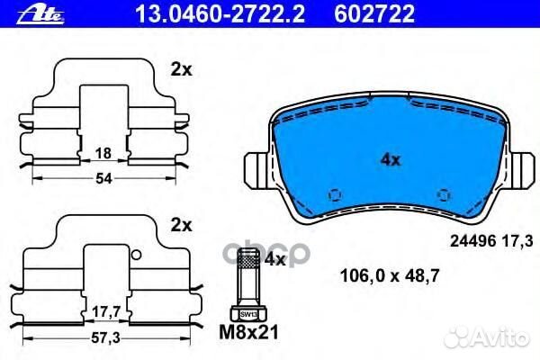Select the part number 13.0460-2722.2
pyautogui.click(x=184, y=13)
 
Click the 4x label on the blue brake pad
pyautogui.click(x=390, y=160)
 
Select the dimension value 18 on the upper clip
pyautogui.click(x=104, y=154)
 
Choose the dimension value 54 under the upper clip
pyautogui.click(x=104, y=179)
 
